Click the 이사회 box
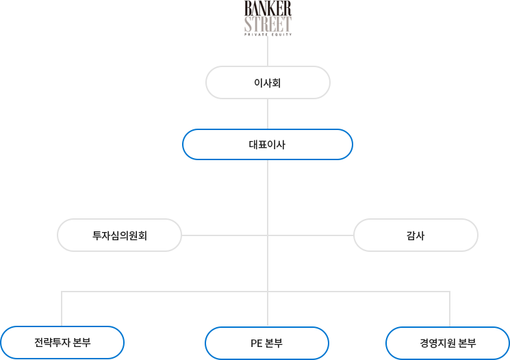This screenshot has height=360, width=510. coord(268,83)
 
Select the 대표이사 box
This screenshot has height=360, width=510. coord(268,144)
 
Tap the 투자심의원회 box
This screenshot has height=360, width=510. coord(120,235)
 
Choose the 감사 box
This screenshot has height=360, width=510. coord(415,235)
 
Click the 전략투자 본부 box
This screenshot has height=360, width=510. coord(62,342)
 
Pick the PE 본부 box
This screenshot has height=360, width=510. coord(267,343)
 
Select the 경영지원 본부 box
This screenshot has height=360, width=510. coord(448,343)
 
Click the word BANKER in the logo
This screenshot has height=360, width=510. coord(268,9)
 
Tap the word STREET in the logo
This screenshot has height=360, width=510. coord(268,24)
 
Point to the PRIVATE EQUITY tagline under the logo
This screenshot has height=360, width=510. coord(268,35)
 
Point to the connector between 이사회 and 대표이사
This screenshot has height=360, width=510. coord(268,114)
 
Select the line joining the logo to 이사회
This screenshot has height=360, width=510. coord(268,51)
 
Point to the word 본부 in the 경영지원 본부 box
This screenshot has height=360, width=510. coord(467,343)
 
